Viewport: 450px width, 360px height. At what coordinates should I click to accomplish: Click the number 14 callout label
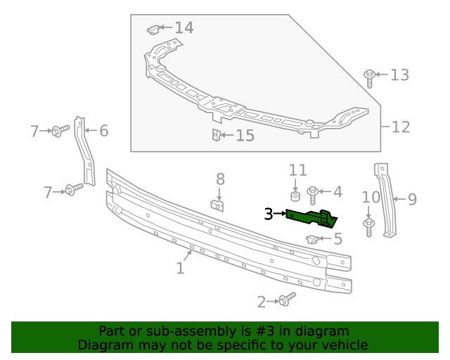pos(184,28)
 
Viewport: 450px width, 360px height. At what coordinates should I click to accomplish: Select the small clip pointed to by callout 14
pos(153,30)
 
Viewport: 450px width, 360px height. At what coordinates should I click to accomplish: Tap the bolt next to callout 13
pos(368,77)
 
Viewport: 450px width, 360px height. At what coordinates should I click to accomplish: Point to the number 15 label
pos(244,135)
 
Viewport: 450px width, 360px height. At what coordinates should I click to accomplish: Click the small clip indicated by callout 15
pos(217,134)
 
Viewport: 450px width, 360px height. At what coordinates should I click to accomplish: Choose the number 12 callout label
pos(400,127)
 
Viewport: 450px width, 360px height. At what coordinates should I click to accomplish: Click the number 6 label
pos(103,130)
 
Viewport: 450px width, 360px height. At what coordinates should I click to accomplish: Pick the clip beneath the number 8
pos(219,205)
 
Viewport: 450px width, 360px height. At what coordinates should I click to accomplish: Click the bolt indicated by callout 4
pos(314,192)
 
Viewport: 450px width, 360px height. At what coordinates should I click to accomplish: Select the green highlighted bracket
pos(311,217)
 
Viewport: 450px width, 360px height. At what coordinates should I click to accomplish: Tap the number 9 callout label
pos(411,200)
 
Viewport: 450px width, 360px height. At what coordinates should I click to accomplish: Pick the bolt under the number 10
pos(368,225)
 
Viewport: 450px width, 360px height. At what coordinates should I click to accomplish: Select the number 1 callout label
pos(180,268)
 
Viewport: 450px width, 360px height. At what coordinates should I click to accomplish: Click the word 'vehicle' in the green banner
pos(345,345)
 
